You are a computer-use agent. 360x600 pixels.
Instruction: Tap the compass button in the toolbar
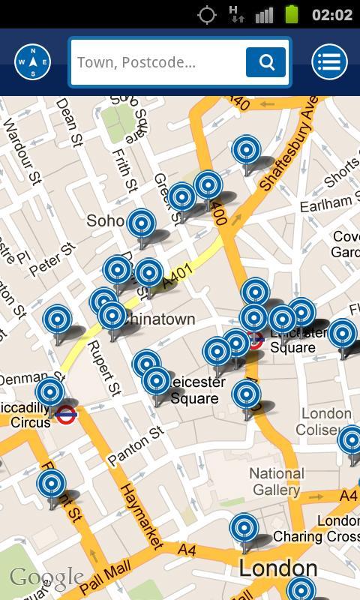[33, 62]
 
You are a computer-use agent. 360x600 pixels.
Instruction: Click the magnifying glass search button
[265, 62]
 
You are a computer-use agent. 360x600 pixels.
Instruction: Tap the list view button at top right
[329, 62]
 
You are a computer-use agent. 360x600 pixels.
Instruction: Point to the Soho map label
[105, 220]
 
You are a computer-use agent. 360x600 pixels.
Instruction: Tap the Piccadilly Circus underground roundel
[67, 413]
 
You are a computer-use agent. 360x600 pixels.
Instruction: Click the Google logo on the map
[46, 577]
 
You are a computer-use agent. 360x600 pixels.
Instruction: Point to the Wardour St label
[21, 151]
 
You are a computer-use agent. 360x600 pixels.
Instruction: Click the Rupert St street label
[104, 368]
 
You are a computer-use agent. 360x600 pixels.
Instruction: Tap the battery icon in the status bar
[292, 14]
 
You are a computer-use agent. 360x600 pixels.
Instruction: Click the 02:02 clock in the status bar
[331, 14]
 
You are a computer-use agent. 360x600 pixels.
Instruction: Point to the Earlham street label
[325, 203]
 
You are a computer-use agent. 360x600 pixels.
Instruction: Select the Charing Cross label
[316, 536]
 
